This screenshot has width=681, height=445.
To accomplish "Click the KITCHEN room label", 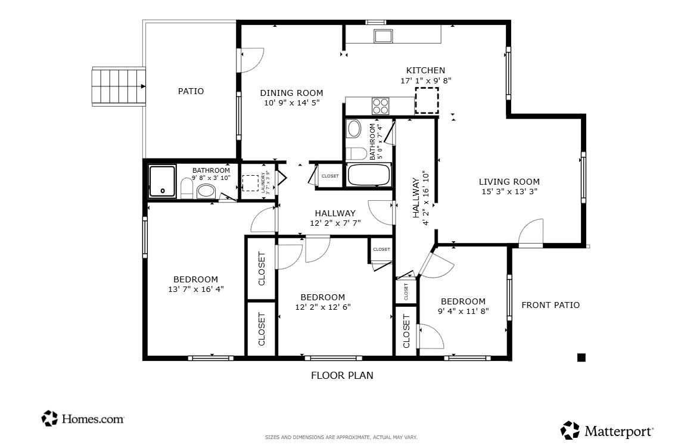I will [x=425, y=70].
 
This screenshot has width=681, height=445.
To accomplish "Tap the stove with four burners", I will [x=380, y=106].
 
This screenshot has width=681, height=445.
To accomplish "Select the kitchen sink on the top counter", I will [x=382, y=36].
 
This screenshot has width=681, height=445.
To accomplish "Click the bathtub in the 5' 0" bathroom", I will [x=369, y=175].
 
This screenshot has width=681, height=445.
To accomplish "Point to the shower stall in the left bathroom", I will [x=162, y=181].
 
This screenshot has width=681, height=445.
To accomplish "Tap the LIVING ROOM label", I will [x=509, y=182].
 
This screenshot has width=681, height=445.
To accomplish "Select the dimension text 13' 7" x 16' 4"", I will [x=195, y=290].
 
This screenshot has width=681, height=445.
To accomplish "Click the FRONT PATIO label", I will [x=550, y=305].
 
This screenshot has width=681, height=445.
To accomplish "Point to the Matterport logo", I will [x=607, y=430].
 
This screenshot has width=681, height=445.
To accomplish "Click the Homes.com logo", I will [x=83, y=419].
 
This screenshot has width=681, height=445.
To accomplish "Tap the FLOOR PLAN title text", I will [x=342, y=375].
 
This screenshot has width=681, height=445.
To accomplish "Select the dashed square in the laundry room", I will [x=250, y=182].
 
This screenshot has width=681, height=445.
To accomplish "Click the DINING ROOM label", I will [x=291, y=93].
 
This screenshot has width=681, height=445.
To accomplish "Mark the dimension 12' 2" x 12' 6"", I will [x=322, y=307].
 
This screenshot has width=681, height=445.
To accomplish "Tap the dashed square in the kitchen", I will [x=427, y=100].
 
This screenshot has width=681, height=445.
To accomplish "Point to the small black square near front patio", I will [x=582, y=357].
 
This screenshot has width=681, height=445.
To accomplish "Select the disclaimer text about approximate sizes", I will [x=341, y=437].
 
